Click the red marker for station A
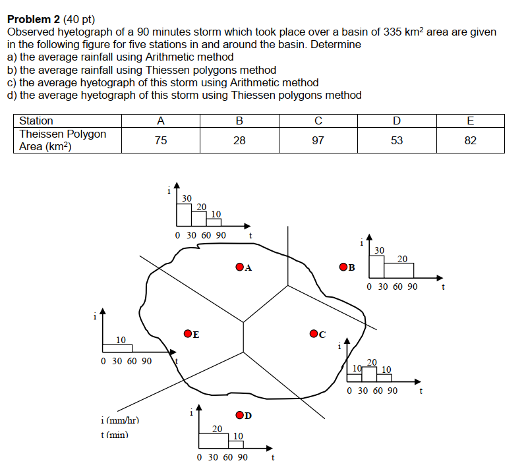[239, 267]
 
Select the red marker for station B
[343, 267]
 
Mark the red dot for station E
[188, 334]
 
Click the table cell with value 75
[160, 140]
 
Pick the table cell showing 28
[239, 140]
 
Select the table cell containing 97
[318, 140]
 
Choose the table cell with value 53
[396, 140]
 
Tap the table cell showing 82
[470, 140]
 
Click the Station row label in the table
[36, 121]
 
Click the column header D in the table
[396, 121]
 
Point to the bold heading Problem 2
[37, 20]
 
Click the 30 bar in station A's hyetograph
[184, 213]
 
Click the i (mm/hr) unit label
[120, 420]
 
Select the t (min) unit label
[113, 434]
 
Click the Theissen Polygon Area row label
[63, 140]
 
